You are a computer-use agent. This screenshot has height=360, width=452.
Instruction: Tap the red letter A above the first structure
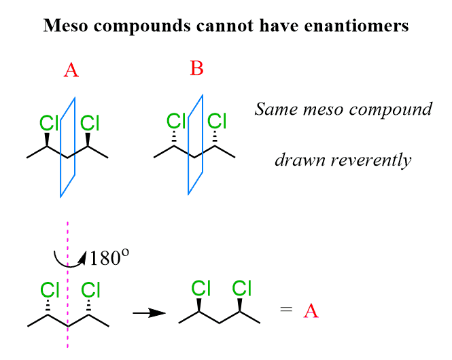[71, 70]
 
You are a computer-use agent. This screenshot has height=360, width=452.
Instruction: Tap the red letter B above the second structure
[197, 69]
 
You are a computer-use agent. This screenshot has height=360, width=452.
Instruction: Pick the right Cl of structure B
[217, 122]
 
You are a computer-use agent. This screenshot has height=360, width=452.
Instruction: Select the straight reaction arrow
[149, 313]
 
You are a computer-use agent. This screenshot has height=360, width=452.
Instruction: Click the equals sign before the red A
[286, 311]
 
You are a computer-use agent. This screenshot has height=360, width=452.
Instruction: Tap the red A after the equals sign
[311, 311]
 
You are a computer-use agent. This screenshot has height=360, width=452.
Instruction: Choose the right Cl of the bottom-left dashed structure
[90, 290]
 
